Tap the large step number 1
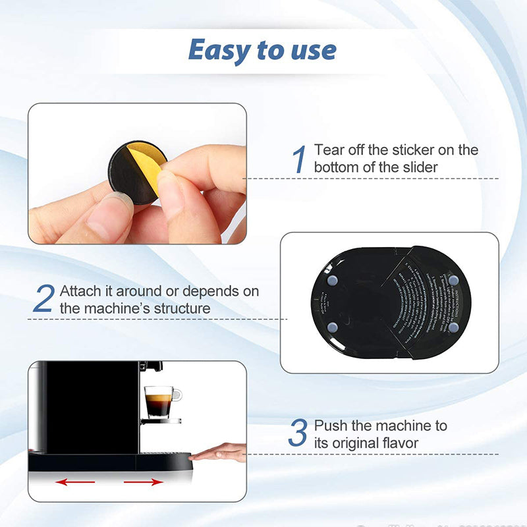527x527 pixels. [300, 159]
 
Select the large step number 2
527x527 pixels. [43, 299]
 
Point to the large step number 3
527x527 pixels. [298, 433]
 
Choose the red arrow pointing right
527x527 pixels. [143, 482]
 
